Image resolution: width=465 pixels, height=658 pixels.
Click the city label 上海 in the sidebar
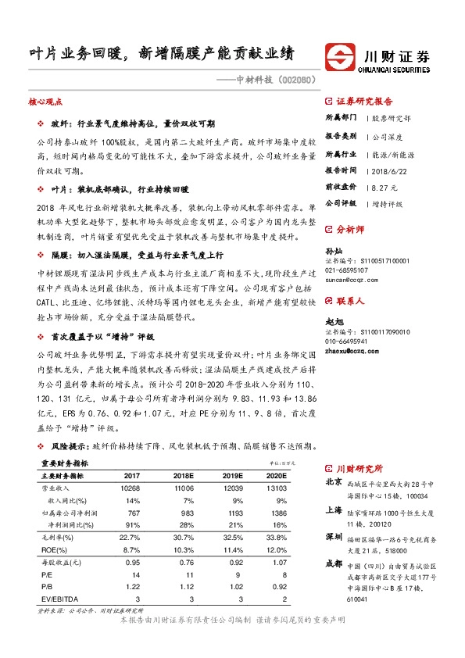point(334,510)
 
